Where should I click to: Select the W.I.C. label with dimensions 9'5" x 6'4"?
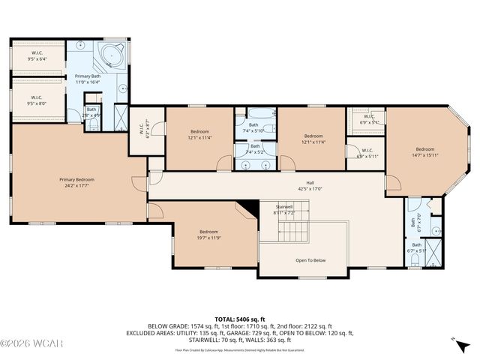coord(37,55)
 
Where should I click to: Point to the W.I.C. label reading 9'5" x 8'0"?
coord(36,100)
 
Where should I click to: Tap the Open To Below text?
coord(310,260)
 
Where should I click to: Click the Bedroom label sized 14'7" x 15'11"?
coord(424,151)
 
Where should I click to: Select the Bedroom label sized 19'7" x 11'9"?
coord(208,235)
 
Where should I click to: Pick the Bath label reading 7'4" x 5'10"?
coord(253,127)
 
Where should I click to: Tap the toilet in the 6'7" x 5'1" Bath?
coord(415,259)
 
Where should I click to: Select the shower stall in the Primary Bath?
coord(119,115)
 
